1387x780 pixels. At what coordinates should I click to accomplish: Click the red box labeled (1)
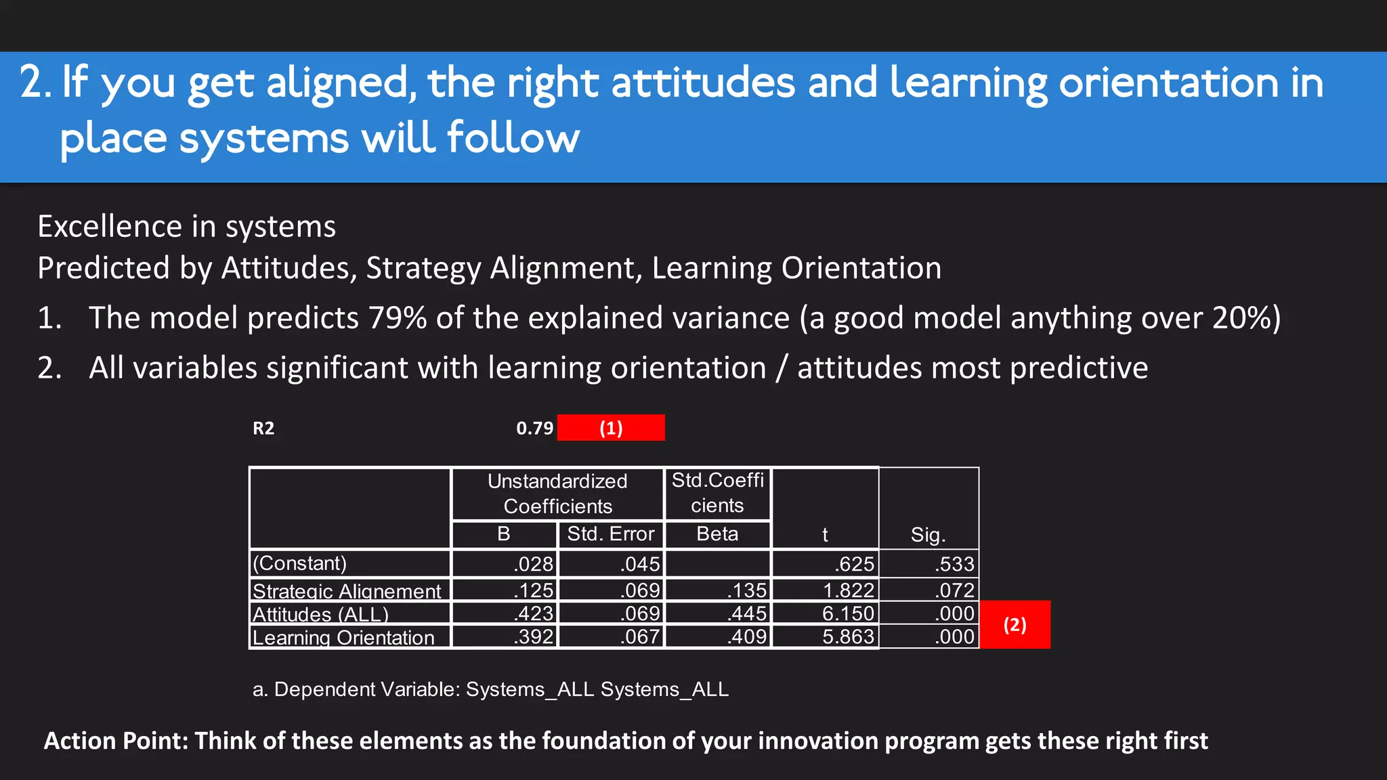coord(610,428)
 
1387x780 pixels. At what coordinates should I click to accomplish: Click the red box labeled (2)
coord(1015,624)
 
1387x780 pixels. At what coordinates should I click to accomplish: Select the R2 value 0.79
coord(534,428)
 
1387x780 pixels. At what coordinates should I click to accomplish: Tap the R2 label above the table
coord(263,428)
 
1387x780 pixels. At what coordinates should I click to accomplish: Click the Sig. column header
coord(928,535)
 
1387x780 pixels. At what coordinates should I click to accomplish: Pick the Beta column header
coord(717,534)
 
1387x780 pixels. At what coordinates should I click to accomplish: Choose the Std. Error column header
coord(610,534)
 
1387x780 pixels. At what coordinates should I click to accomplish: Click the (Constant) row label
coord(299,563)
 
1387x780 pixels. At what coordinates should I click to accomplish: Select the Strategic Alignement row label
coord(347,591)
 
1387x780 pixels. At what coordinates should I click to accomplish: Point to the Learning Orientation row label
coord(343,637)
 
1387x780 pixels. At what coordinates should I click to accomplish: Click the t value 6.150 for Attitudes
coord(848,613)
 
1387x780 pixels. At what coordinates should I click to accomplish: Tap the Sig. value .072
coord(954,590)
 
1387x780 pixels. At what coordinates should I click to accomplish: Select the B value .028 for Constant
coord(534,564)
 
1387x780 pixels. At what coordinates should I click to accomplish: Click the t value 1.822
coord(848,590)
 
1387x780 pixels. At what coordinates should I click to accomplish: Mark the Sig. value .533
coord(954,564)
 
